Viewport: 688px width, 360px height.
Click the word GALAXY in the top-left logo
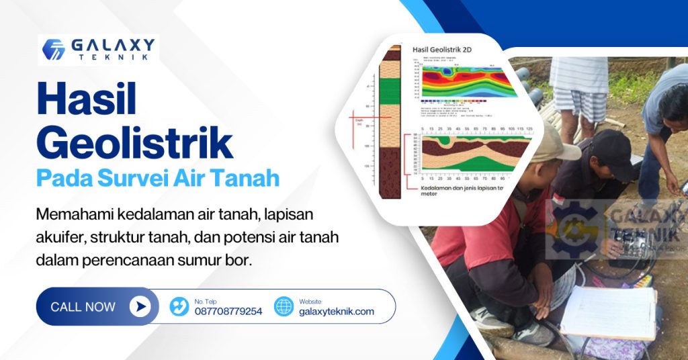(114, 45)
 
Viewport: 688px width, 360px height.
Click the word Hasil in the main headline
(86, 100)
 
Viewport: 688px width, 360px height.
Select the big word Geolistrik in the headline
(134, 142)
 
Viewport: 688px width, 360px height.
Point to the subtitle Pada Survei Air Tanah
(157, 179)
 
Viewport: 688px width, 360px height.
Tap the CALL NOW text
(83, 307)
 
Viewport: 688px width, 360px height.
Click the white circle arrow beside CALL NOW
(139, 307)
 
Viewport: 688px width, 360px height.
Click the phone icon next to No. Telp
(179, 307)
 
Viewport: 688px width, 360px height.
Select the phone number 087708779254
(228, 312)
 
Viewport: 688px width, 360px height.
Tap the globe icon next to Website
(284, 307)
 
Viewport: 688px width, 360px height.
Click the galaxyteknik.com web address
(336, 312)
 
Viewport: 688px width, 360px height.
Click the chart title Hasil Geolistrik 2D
(442, 49)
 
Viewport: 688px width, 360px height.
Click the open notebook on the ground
(608, 312)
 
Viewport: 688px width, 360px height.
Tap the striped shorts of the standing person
(579, 104)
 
